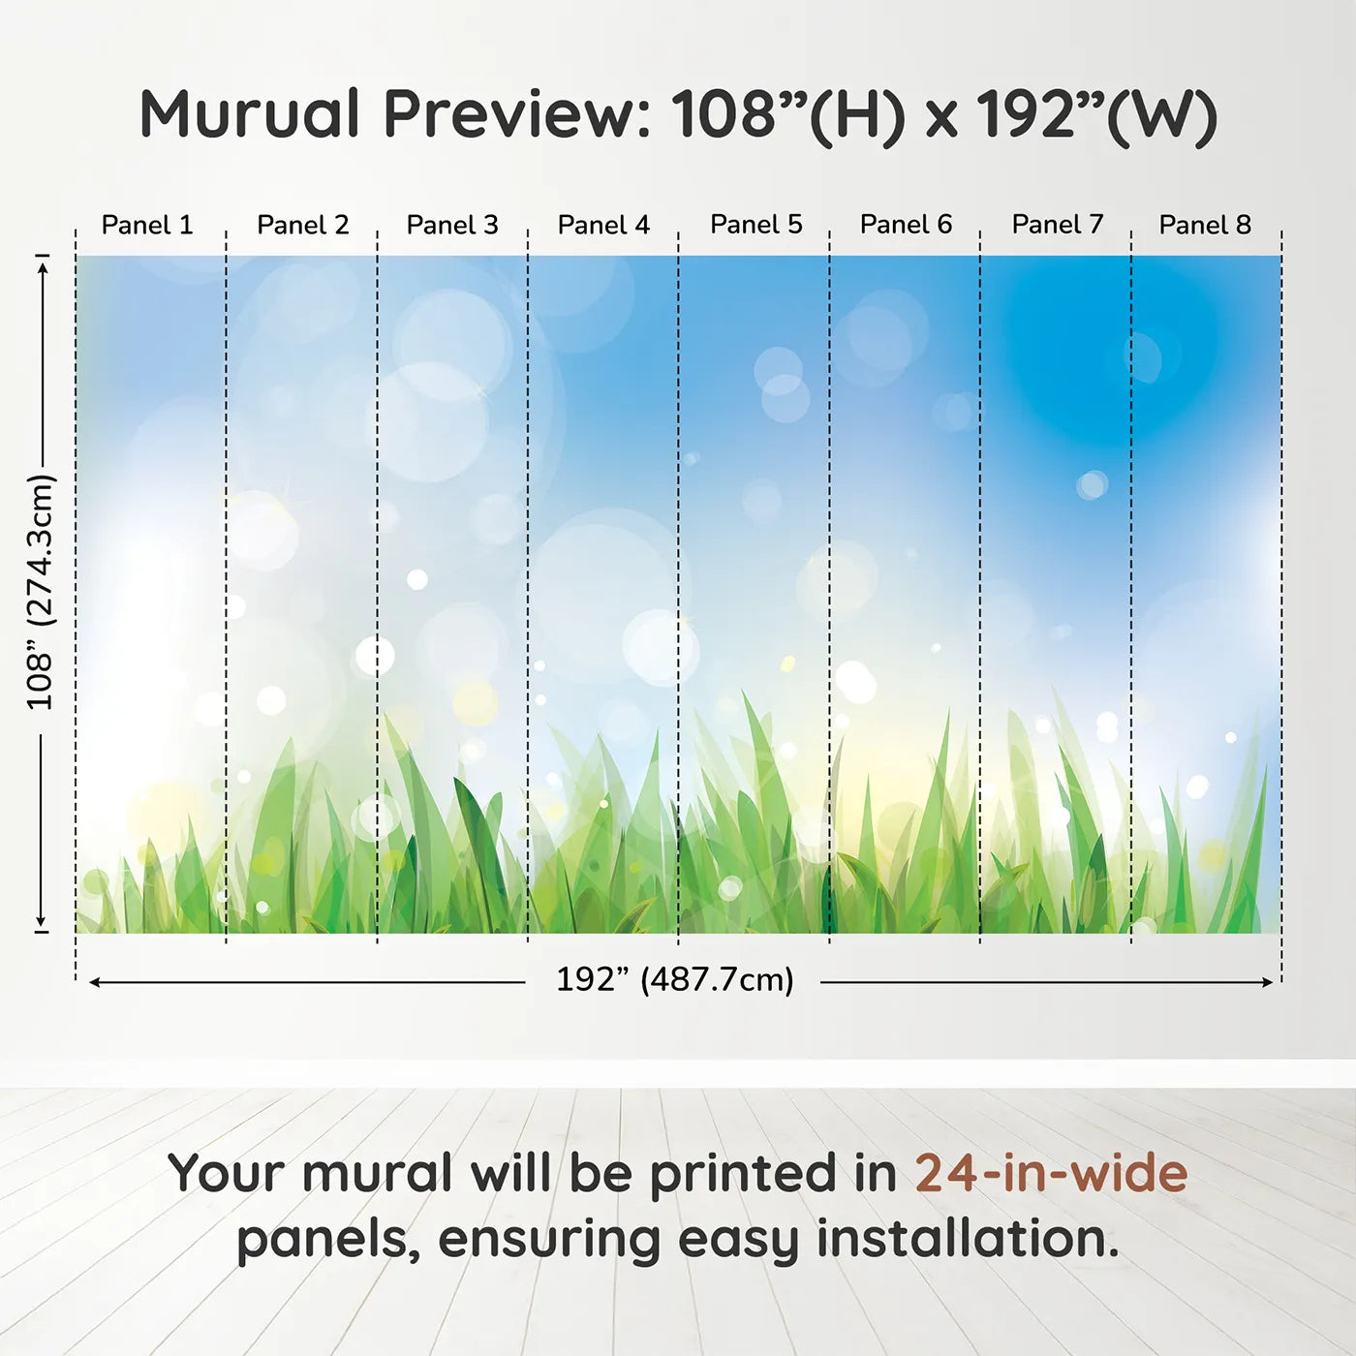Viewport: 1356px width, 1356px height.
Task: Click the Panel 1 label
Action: (147, 225)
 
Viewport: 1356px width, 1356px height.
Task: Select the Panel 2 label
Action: (302, 225)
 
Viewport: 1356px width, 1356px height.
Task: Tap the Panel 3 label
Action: (452, 225)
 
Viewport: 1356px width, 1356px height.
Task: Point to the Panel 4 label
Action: (603, 225)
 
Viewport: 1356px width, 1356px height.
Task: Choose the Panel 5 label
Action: (756, 224)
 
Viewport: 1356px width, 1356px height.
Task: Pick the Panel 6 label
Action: (907, 224)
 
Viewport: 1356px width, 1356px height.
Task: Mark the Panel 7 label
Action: (1058, 224)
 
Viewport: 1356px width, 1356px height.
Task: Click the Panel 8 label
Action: (1205, 225)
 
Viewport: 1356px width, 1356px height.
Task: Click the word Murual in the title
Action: (250, 114)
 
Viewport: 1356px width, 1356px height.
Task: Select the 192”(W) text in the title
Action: (1095, 115)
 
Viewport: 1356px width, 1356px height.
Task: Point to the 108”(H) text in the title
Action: (788, 115)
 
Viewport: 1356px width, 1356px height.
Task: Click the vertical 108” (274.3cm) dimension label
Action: (41, 592)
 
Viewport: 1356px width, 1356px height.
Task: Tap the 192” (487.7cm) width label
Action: (674, 979)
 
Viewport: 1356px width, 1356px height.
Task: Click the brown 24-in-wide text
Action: (1051, 1173)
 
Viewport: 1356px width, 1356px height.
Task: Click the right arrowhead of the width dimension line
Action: (1268, 982)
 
